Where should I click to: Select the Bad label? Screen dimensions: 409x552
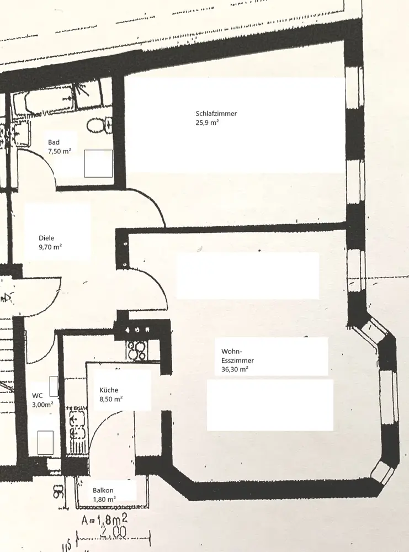point(54,142)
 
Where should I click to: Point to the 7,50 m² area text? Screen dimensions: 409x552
point(60,151)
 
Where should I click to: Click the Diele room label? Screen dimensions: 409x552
point(46,238)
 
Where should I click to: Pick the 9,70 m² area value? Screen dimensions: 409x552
point(50,248)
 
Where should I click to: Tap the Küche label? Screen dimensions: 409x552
point(109,390)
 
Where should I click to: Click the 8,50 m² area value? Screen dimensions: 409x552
point(111,399)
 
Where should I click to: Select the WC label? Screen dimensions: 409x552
point(38,395)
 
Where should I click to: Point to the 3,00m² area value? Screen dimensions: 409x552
point(43,405)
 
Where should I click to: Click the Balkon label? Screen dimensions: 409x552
point(103,490)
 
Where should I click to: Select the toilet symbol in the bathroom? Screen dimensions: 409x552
point(97,125)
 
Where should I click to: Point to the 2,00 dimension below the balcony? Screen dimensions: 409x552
point(114,533)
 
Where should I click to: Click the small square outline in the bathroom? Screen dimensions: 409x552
point(98,163)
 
